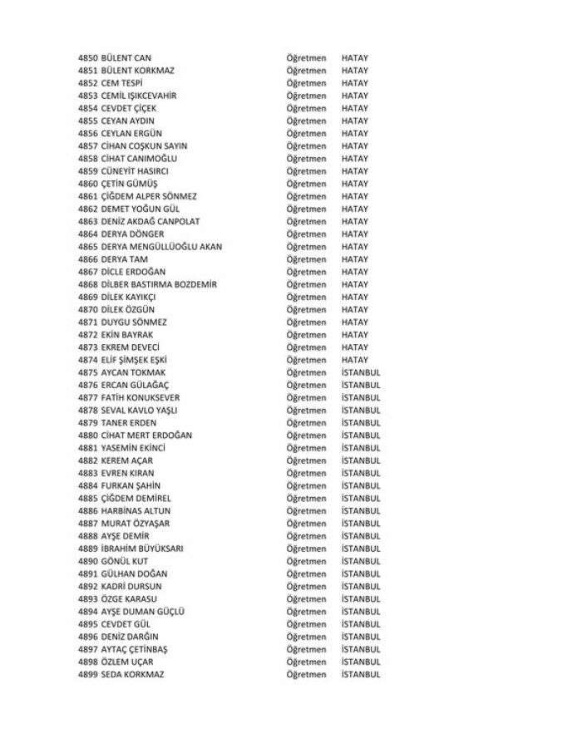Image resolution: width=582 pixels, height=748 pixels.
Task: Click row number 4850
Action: (x=87, y=58)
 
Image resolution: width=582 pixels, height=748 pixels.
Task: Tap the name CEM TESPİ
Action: (x=121, y=83)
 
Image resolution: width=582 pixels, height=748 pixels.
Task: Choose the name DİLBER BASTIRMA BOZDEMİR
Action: (x=159, y=284)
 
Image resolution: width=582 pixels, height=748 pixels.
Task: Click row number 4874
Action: (x=87, y=360)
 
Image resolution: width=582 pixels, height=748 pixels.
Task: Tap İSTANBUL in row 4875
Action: (x=361, y=372)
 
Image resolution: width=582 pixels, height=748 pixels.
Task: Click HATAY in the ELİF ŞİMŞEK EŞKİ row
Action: (x=355, y=360)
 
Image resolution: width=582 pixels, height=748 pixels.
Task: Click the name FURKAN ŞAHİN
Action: (x=131, y=485)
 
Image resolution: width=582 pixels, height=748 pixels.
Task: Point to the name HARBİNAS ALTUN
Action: (x=135, y=510)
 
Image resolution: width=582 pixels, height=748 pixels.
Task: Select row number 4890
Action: (x=87, y=561)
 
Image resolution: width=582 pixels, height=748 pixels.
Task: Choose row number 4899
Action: (x=87, y=674)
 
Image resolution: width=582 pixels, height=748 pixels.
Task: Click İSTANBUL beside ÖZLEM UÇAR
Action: (x=361, y=662)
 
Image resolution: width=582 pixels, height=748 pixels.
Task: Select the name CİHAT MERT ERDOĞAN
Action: (x=146, y=436)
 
